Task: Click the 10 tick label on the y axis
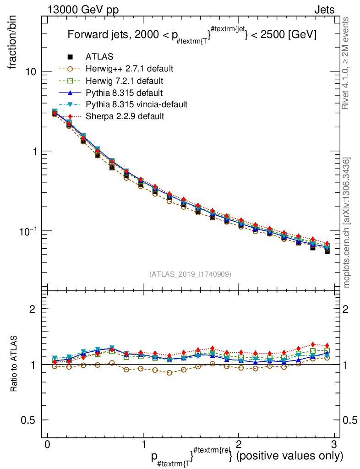[x=31, y=72]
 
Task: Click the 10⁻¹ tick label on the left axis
[x=28, y=230]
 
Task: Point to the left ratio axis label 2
[x=33, y=309]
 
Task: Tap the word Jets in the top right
[x=324, y=10]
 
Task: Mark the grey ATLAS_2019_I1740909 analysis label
[x=190, y=274]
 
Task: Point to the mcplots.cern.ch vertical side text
[x=347, y=222]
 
